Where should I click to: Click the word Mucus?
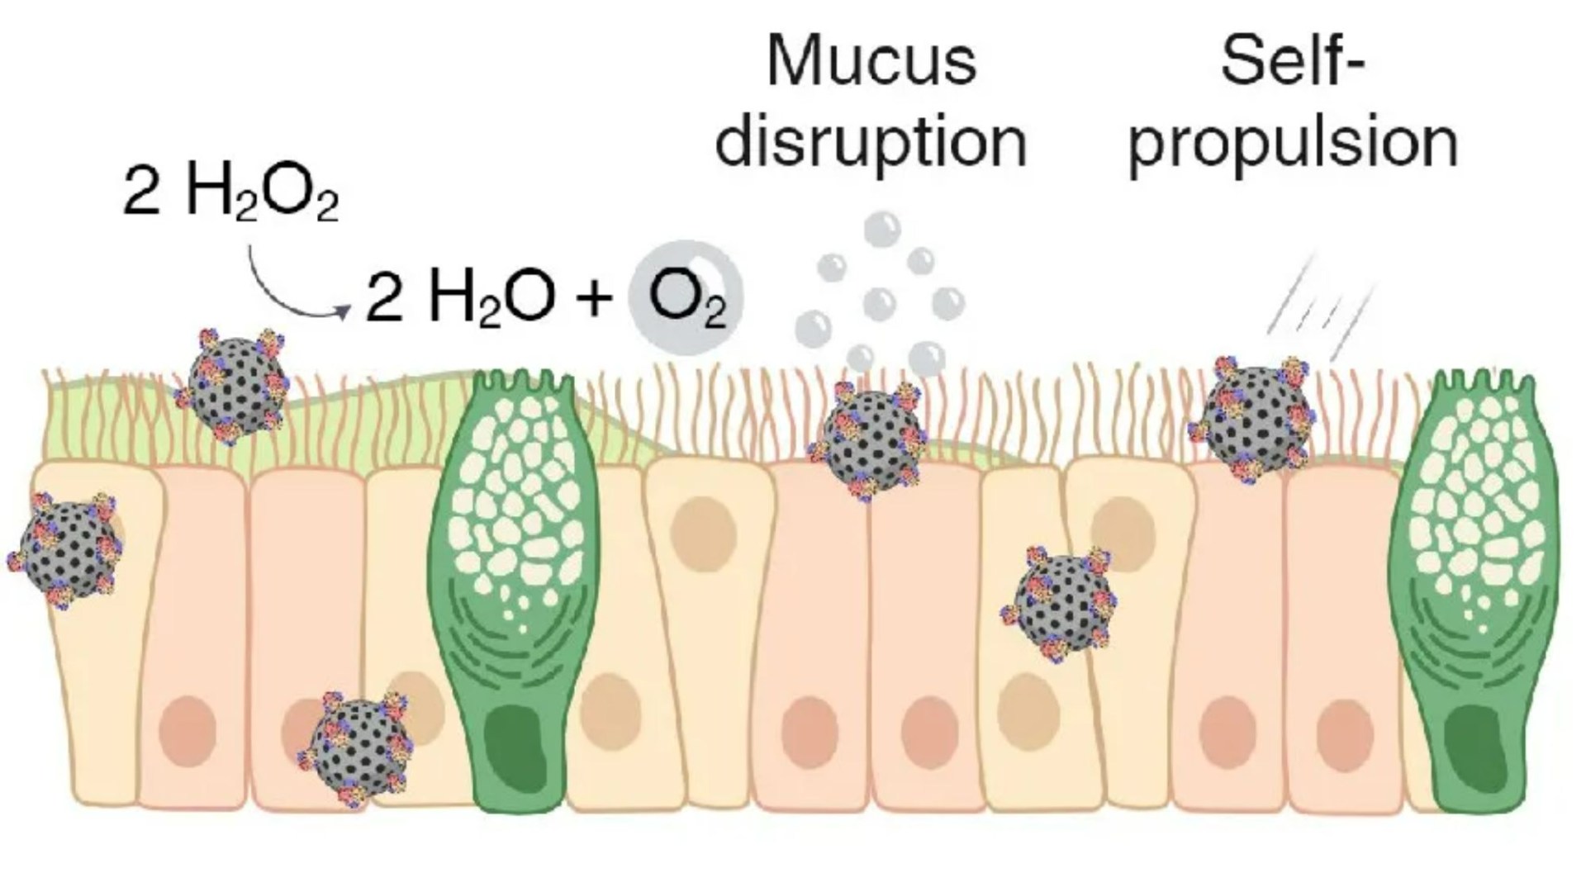871,61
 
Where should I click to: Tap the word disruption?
871,142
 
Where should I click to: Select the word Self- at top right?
1290,61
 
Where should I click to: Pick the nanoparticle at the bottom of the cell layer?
357,747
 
